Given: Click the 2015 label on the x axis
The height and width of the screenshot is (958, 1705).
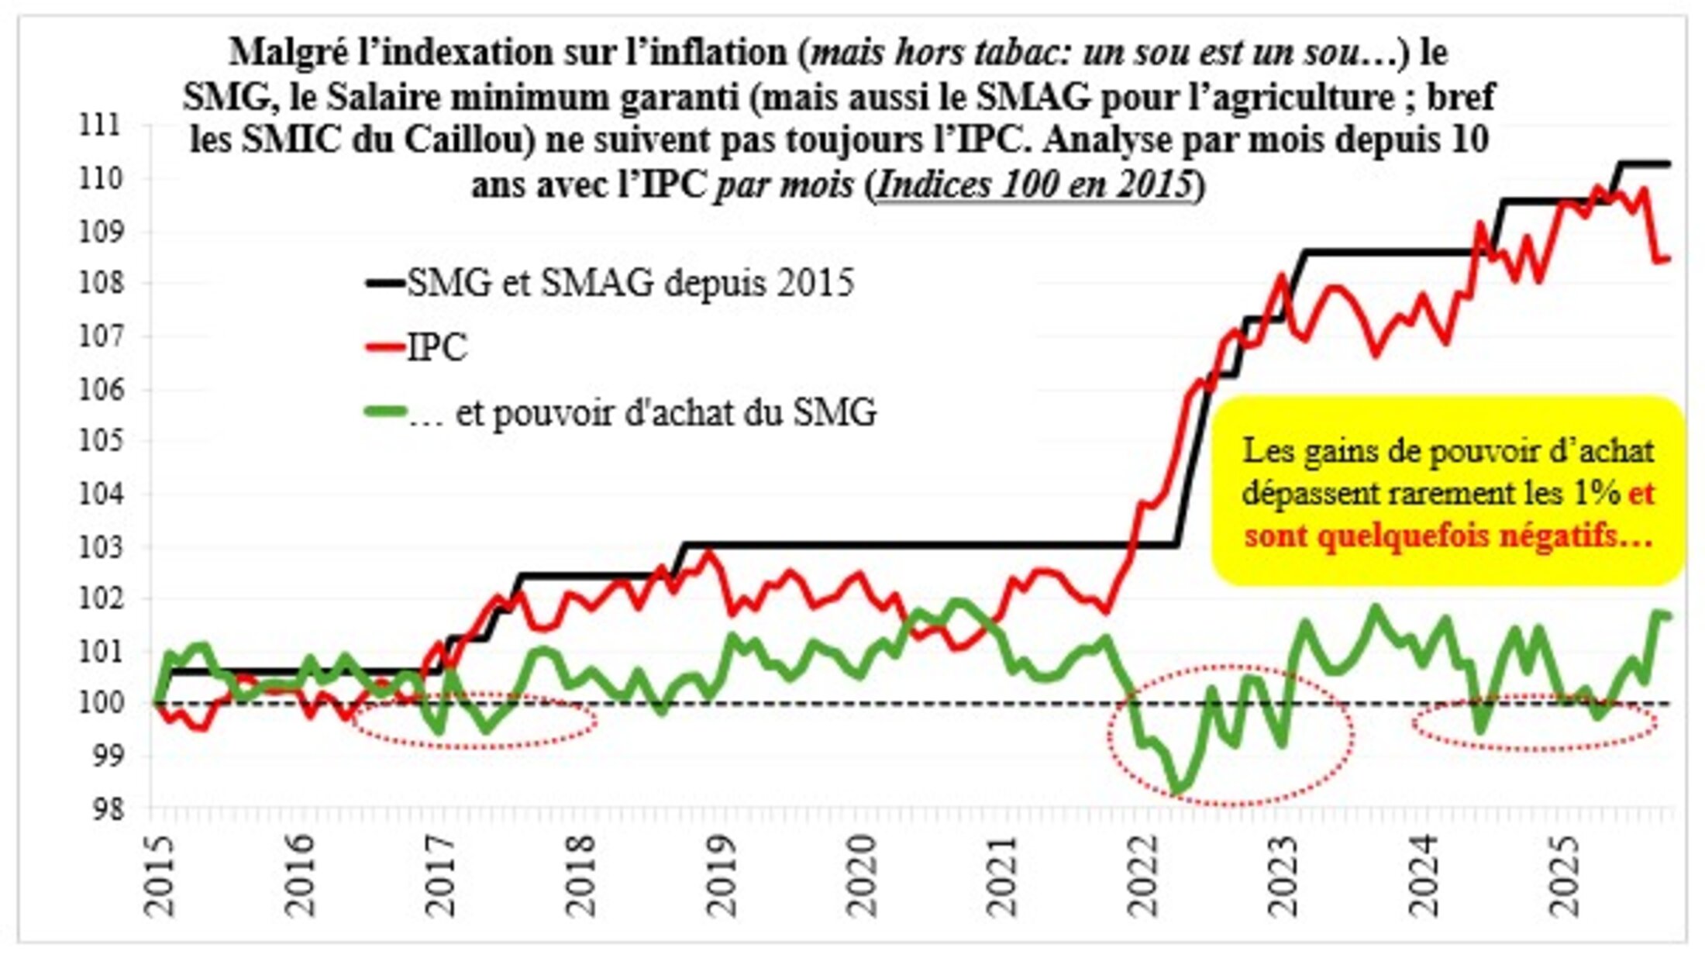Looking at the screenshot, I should [158, 876].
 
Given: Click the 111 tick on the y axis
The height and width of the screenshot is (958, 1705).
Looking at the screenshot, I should [100, 125].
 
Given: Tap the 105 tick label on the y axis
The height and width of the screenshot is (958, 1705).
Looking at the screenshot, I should [100, 441].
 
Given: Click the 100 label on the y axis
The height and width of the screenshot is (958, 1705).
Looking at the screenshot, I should [100, 704].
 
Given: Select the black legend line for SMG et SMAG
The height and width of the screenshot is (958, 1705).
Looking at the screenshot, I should [385, 284].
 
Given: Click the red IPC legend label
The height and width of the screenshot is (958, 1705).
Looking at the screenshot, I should [437, 348].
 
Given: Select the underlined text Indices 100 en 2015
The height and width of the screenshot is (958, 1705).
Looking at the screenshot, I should [1035, 185].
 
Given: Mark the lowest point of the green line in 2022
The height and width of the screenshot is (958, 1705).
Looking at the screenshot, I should [1177, 790].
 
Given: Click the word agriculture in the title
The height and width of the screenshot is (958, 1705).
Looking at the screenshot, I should [1345, 98].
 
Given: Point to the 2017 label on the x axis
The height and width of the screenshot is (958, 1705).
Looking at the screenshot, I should [440, 876].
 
